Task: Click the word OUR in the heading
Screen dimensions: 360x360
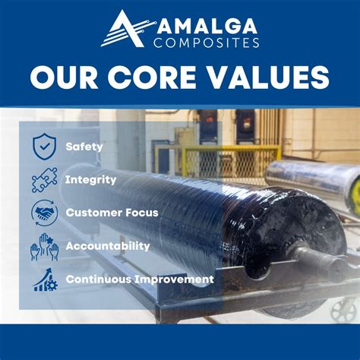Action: pyautogui.click(x=66, y=77)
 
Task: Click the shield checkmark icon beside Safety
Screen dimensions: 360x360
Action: pyautogui.click(x=45, y=146)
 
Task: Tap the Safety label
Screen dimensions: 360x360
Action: pyautogui.click(x=84, y=146)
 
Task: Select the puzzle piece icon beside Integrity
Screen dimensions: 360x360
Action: pyautogui.click(x=45, y=179)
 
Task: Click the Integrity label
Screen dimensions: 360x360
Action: pyautogui.click(x=91, y=180)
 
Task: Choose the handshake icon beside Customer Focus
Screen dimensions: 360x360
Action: pyautogui.click(x=45, y=213)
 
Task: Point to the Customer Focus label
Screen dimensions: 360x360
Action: pyautogui.click(x=112, y=213)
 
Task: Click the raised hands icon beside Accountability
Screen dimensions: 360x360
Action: pyautogui.click(x=45, y=246)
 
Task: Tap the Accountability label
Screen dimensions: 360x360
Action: pyautogui.click(x=107, y=246)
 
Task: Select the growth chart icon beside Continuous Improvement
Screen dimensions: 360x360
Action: pyautogui.click(x=45, y=279)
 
